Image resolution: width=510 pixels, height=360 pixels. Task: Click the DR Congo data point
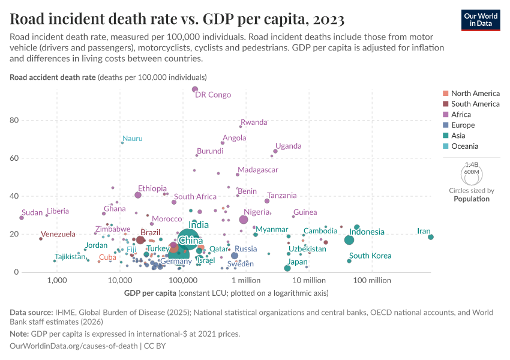pyautogui.click(x=195, y=89)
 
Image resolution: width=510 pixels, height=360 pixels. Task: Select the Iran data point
pyautogui.click(x=431, y=237)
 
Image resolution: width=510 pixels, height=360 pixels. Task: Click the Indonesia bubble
pyautogui.click(x=349, y=240)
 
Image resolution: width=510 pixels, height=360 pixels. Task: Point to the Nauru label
pyautogui.click(x=133, y=139)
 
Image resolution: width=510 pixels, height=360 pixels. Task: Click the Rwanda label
pyautogui.click(x=254, y=122)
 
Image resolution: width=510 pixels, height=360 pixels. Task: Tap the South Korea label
pyautogui.click(x=370, y=256)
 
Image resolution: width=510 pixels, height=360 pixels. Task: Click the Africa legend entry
pyautogui.click(x=461, y=115)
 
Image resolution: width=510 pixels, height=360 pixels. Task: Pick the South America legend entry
pyautogui.click(x=475, y=104)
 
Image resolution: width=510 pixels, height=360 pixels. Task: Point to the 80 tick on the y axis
pyautogui.click(x=14, y=120)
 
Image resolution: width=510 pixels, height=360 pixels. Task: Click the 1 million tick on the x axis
pyautogui.click(x=245, y=280)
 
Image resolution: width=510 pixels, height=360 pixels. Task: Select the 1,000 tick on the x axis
pyautogui.click(x=58, y=280)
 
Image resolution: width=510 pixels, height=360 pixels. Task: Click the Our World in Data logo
pyautogui.click(x=481, y=20)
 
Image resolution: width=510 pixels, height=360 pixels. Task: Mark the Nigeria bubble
pyautogui.click(x=244, y=220)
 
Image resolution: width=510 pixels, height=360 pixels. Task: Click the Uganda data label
pyautogui.click(x=288, y=146)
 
